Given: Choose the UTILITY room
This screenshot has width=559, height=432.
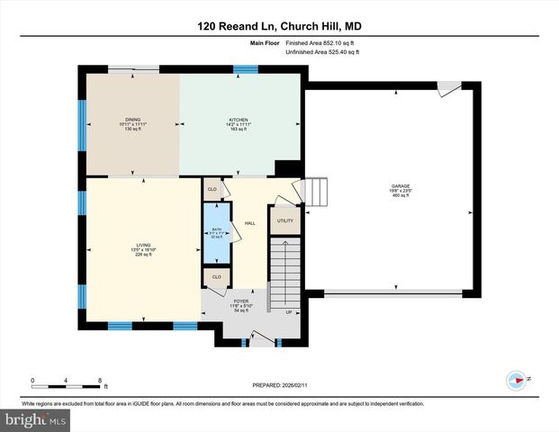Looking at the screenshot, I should (285, 220).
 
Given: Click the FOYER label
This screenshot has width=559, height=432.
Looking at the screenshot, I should (240, 301).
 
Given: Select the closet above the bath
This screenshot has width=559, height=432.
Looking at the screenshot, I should (213, 189).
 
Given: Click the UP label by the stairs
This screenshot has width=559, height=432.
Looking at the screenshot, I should (289, 313).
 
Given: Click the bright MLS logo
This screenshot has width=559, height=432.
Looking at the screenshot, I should (35, 419).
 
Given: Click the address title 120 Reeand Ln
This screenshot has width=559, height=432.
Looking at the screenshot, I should (279, 26).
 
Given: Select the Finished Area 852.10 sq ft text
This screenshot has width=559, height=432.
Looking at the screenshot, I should (321, 42).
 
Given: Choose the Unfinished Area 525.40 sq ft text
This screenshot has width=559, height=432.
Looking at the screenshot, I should (321, 52).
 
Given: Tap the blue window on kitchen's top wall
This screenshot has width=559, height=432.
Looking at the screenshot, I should (245, 69).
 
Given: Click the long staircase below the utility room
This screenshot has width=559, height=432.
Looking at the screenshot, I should (286, 270).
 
